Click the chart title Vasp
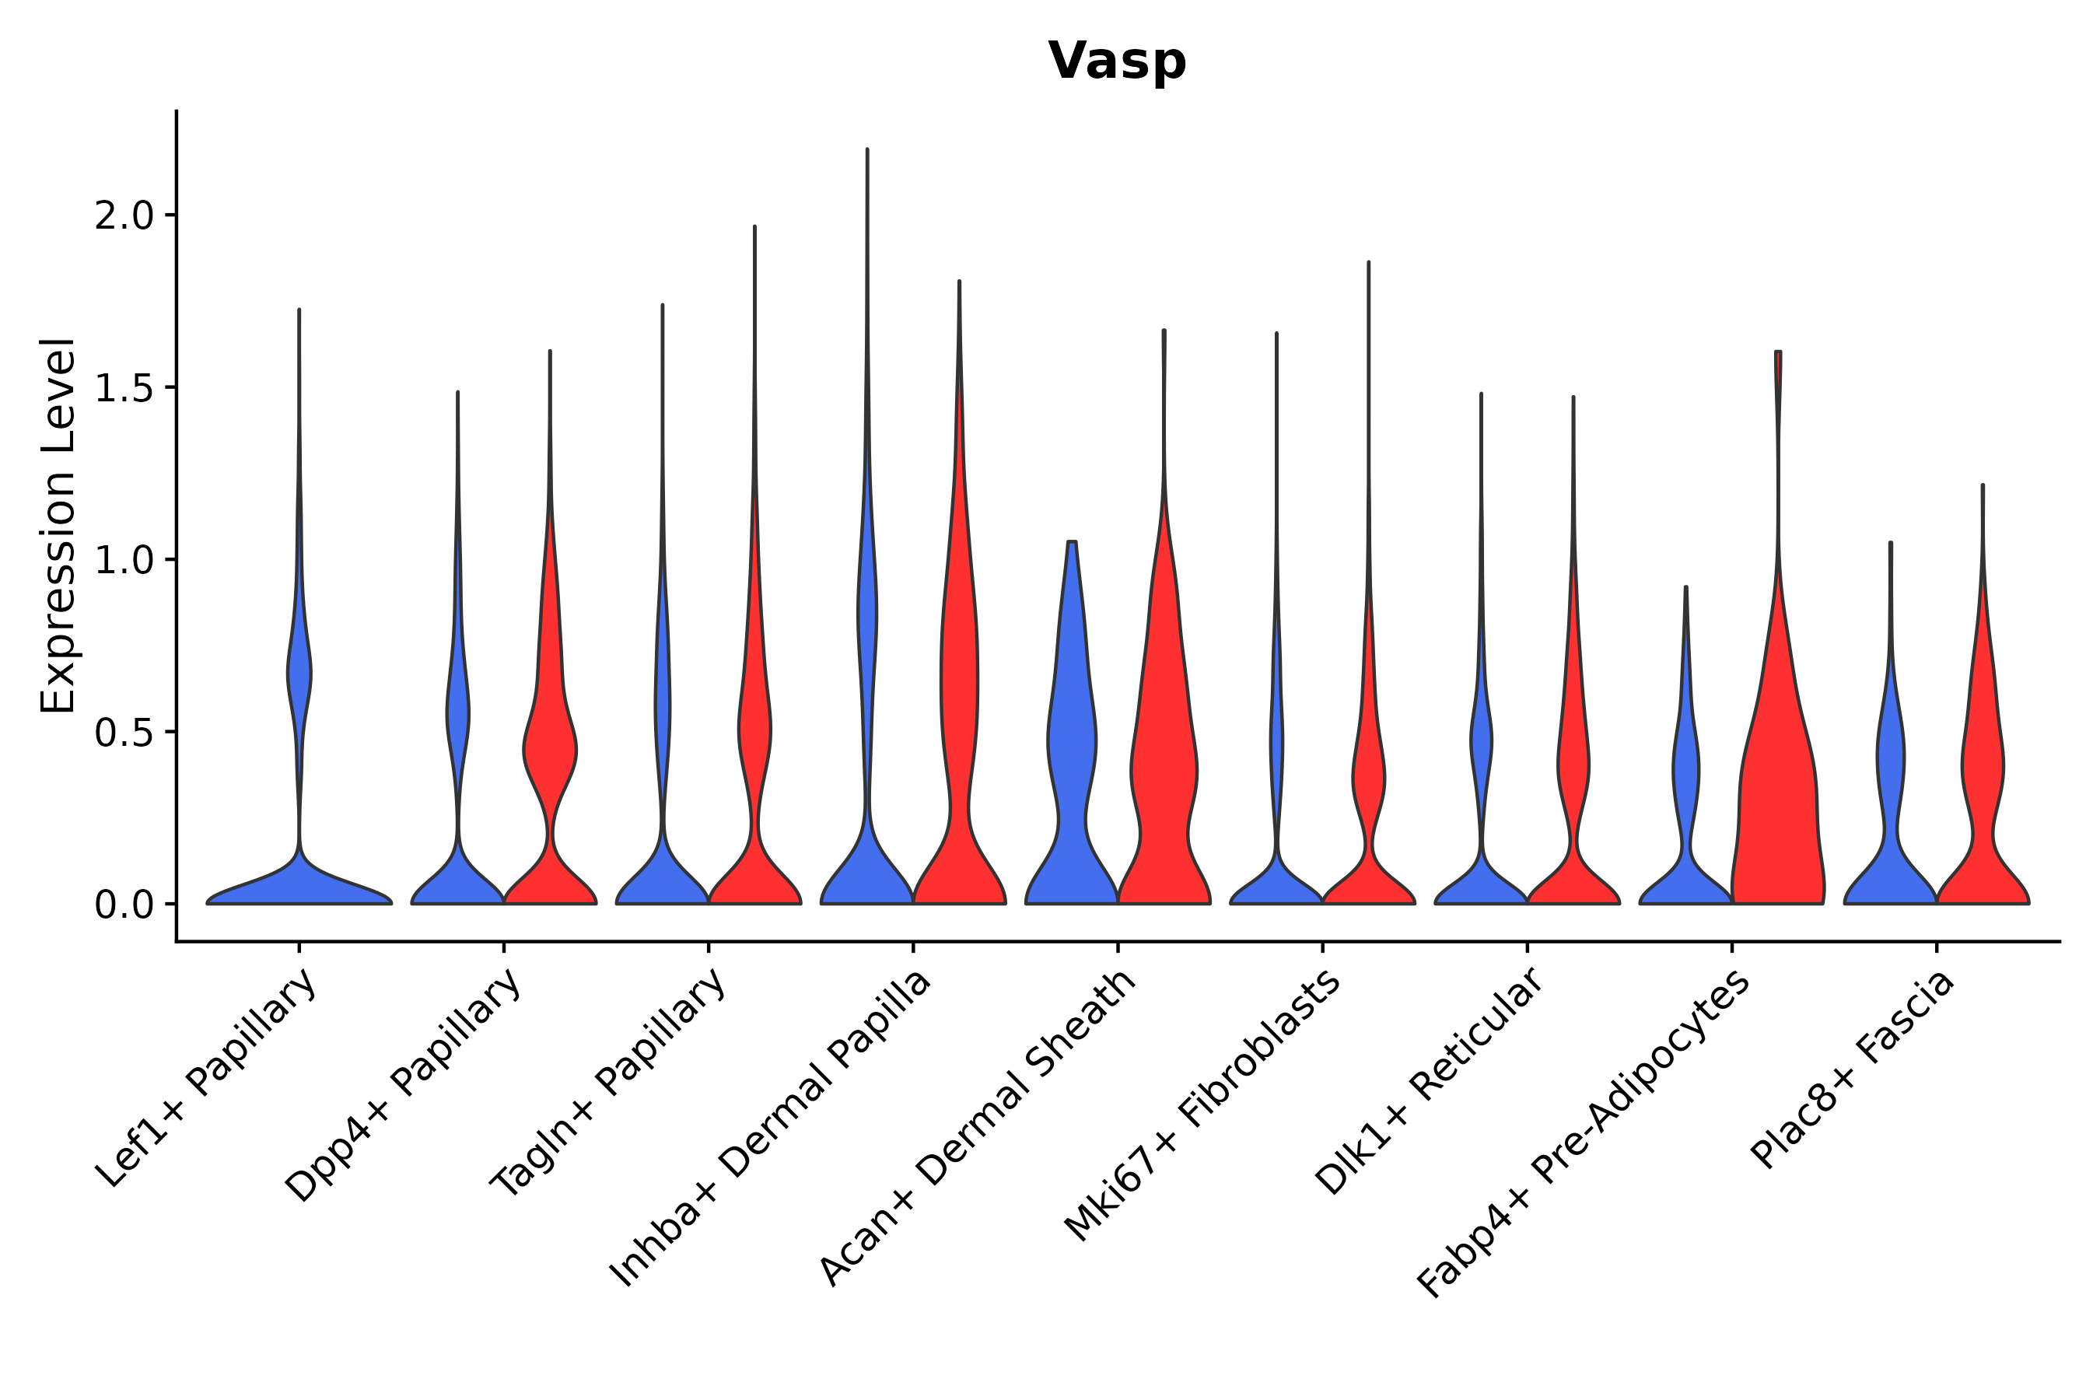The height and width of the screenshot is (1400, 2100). [1117, 61]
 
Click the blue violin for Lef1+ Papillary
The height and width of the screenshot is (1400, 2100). [299, 884]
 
